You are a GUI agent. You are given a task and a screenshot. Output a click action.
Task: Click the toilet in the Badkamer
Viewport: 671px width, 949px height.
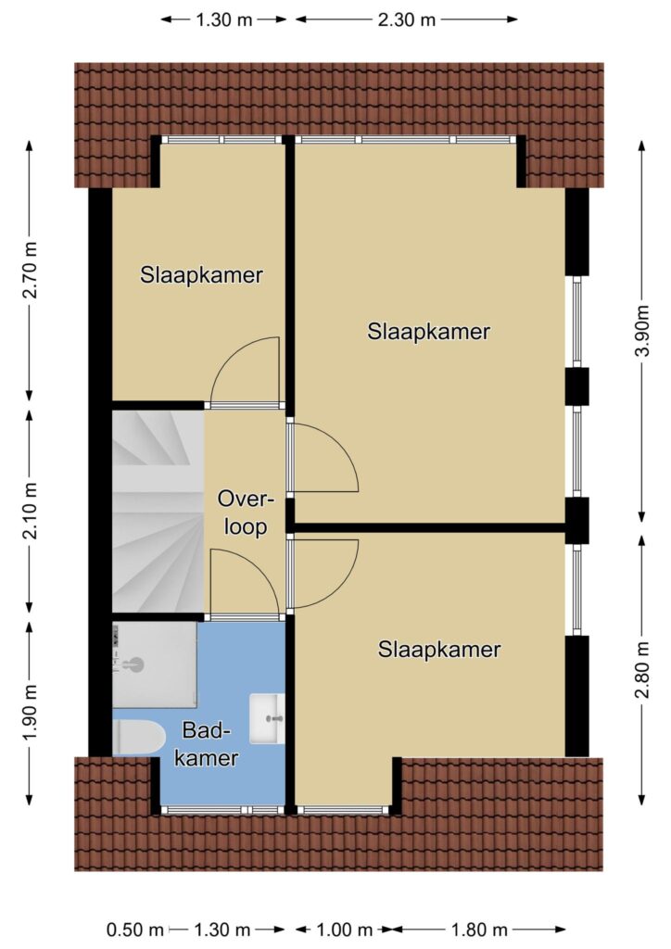click(x=139, y=738)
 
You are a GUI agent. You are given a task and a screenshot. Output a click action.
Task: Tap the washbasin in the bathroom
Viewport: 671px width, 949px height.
click(x=267, y=718)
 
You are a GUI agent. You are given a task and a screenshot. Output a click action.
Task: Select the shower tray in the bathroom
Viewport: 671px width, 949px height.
click(x=154, y=664)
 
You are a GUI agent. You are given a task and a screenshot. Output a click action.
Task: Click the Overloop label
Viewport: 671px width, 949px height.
click(x=246, y=513)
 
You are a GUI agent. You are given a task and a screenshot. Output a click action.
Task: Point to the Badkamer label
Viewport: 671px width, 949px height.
click(x=207, y=744)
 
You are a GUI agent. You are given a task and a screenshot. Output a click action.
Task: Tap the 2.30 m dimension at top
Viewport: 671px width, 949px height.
click(x=407, y=20)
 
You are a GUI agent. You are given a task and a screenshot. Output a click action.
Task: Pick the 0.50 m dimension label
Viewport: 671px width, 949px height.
click(x=135, y=929)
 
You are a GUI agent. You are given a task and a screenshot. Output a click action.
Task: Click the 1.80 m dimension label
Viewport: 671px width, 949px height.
click(x=478, y=929)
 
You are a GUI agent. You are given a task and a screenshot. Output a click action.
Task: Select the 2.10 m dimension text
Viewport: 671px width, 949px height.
click(x=31, y=511)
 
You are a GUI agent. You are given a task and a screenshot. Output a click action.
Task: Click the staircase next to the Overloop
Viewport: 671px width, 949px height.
click(x=158, y=512)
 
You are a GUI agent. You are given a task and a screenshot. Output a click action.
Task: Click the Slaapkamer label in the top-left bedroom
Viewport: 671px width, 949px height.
click(x=201, y=274)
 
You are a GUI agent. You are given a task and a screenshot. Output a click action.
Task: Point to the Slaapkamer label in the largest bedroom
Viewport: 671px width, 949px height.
click(x=428, y=331)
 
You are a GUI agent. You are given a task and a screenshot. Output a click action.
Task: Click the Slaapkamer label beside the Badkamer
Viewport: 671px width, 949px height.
click(x=439, y=650)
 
